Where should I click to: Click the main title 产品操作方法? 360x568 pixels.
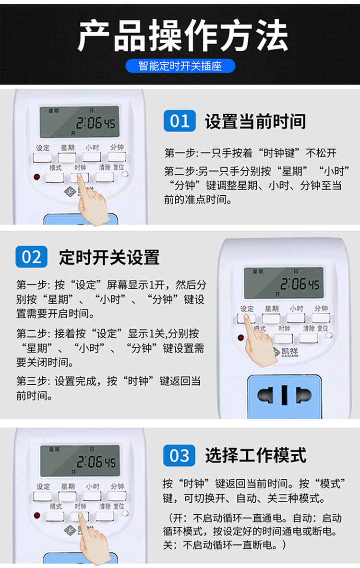pos(180,36)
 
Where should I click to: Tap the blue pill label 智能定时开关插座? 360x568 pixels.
pos(180,66)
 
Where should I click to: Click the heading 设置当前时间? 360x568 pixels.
pos(255,121)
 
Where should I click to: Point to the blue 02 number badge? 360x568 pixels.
pos(31,257)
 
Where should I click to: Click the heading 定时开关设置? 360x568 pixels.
pos(109,258)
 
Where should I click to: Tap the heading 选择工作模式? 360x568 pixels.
pos(255,455)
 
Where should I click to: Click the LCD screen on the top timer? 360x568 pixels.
pos(79,122)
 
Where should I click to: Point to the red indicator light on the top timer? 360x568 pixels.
pos(36,177)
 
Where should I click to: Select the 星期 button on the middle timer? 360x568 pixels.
pos(271,318)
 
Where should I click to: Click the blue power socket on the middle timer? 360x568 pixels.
pos(284,395)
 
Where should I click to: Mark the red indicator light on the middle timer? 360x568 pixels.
pos(241,338)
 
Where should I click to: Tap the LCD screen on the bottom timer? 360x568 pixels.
pos(80,461)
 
